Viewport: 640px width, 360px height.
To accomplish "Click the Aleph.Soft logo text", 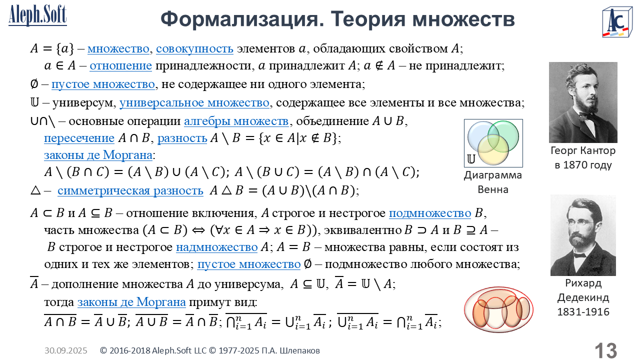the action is pos(37,15).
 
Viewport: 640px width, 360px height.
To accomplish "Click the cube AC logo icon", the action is pos(617,22).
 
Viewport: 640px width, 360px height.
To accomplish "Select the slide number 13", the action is pos(605,350).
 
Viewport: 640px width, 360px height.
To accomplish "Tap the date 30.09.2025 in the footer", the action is pos(65,350).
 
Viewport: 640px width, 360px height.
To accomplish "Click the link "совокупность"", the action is pos(194,48).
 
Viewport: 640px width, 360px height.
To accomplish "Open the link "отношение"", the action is pos(121,65).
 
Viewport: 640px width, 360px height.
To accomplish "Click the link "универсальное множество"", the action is pos(194,102).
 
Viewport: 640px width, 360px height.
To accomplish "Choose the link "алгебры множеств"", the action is pos(236,121).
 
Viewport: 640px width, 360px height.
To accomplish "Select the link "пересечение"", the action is pos(79,138).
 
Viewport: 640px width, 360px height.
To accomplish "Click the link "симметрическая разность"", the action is pos(130,190).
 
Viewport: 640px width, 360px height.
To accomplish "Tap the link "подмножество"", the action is pos(430,213).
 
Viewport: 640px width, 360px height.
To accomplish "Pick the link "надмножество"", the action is pos(217,247).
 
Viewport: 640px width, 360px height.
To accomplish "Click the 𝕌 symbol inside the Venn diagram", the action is pos(471,159).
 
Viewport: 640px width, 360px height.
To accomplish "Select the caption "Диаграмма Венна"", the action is pos(493,182).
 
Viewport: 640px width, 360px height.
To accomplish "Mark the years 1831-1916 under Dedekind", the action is pos(583,311).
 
